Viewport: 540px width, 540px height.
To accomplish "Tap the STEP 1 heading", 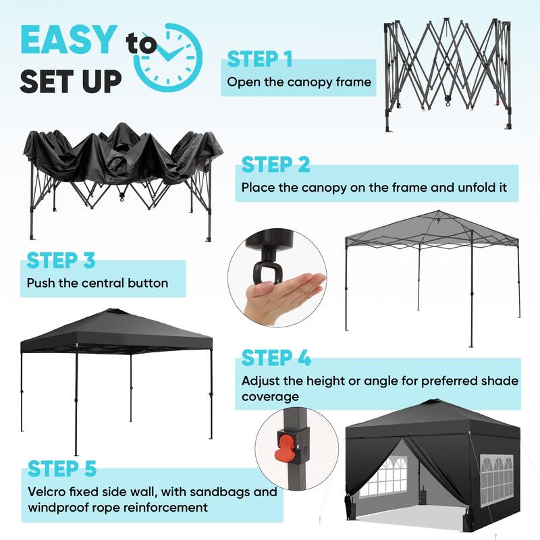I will (259, 59).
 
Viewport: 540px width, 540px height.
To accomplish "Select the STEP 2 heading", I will (275, 164).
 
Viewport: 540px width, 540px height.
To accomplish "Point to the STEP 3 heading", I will (61, 260).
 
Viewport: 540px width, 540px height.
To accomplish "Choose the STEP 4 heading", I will (275, 358).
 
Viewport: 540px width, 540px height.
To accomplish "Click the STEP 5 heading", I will (62, 468).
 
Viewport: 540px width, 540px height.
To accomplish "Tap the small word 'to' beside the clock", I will (140, 45).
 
